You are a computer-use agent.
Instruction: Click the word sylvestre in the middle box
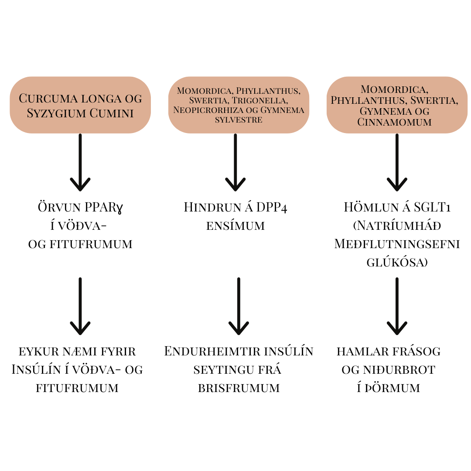pos(239,119)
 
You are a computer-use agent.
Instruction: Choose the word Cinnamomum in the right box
pos(394,122)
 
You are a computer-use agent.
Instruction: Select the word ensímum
pos(235,226)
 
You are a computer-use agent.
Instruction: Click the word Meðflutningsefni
pos(397,244)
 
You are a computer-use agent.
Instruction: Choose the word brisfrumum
pos(239,388)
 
